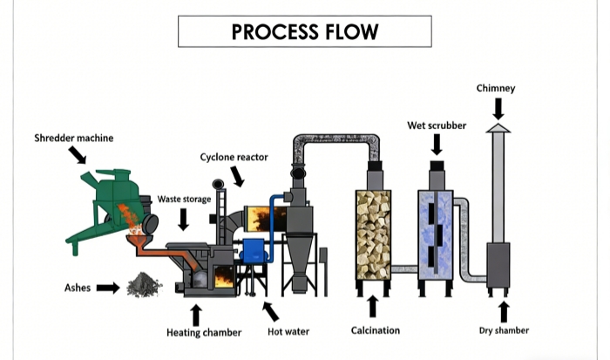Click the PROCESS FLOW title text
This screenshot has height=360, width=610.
click(304, 31)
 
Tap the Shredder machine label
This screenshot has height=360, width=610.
click(74, 138)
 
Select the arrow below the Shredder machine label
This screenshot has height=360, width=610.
click(78, 155)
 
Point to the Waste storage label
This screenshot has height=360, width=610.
click(184, 200)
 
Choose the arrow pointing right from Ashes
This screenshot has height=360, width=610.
click(108, 287)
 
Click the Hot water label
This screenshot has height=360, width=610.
click(288, 332)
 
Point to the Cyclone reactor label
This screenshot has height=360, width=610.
click(234, 157)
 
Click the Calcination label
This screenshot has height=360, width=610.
click(376, 330)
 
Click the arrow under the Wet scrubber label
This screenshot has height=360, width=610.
click(437, 144)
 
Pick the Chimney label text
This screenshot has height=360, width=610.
click(496, 88)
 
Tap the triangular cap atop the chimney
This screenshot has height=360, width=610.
click(498, 128)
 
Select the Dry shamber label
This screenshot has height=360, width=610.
click(504, 330)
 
